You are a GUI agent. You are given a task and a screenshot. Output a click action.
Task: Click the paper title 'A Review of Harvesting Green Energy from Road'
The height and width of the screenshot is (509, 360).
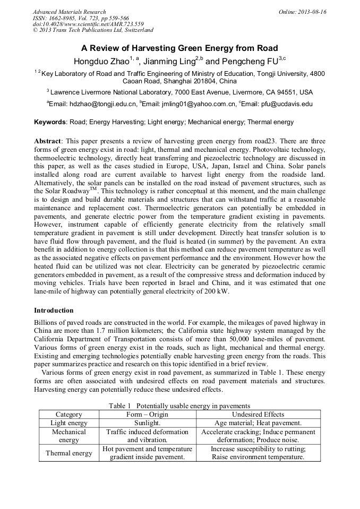pos(179,48)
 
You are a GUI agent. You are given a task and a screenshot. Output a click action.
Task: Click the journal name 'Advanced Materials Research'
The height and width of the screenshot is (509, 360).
pos(69,12)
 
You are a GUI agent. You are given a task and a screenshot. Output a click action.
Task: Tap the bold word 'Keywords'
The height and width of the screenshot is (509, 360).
pos(50,122)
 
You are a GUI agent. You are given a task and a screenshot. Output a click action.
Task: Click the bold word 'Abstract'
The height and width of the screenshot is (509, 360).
pos(48,142)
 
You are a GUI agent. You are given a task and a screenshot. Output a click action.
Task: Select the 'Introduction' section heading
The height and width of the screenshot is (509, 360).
pos(54,310)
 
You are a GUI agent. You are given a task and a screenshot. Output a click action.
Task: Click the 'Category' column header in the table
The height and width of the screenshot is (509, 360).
pos(68,415)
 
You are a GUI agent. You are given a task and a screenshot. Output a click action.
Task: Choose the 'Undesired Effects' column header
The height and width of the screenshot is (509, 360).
pos(258,415)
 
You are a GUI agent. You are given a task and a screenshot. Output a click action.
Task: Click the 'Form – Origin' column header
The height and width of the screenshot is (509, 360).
pos(147,415)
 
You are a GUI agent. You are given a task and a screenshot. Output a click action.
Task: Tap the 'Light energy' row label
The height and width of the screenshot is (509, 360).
pos(68,423)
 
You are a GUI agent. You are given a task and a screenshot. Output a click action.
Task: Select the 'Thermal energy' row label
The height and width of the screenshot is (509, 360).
pos(68,453)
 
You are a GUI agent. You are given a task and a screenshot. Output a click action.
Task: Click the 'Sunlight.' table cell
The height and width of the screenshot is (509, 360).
pos(147,423)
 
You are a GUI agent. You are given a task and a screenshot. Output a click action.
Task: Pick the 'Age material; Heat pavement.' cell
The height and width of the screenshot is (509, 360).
pos(258,423)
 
